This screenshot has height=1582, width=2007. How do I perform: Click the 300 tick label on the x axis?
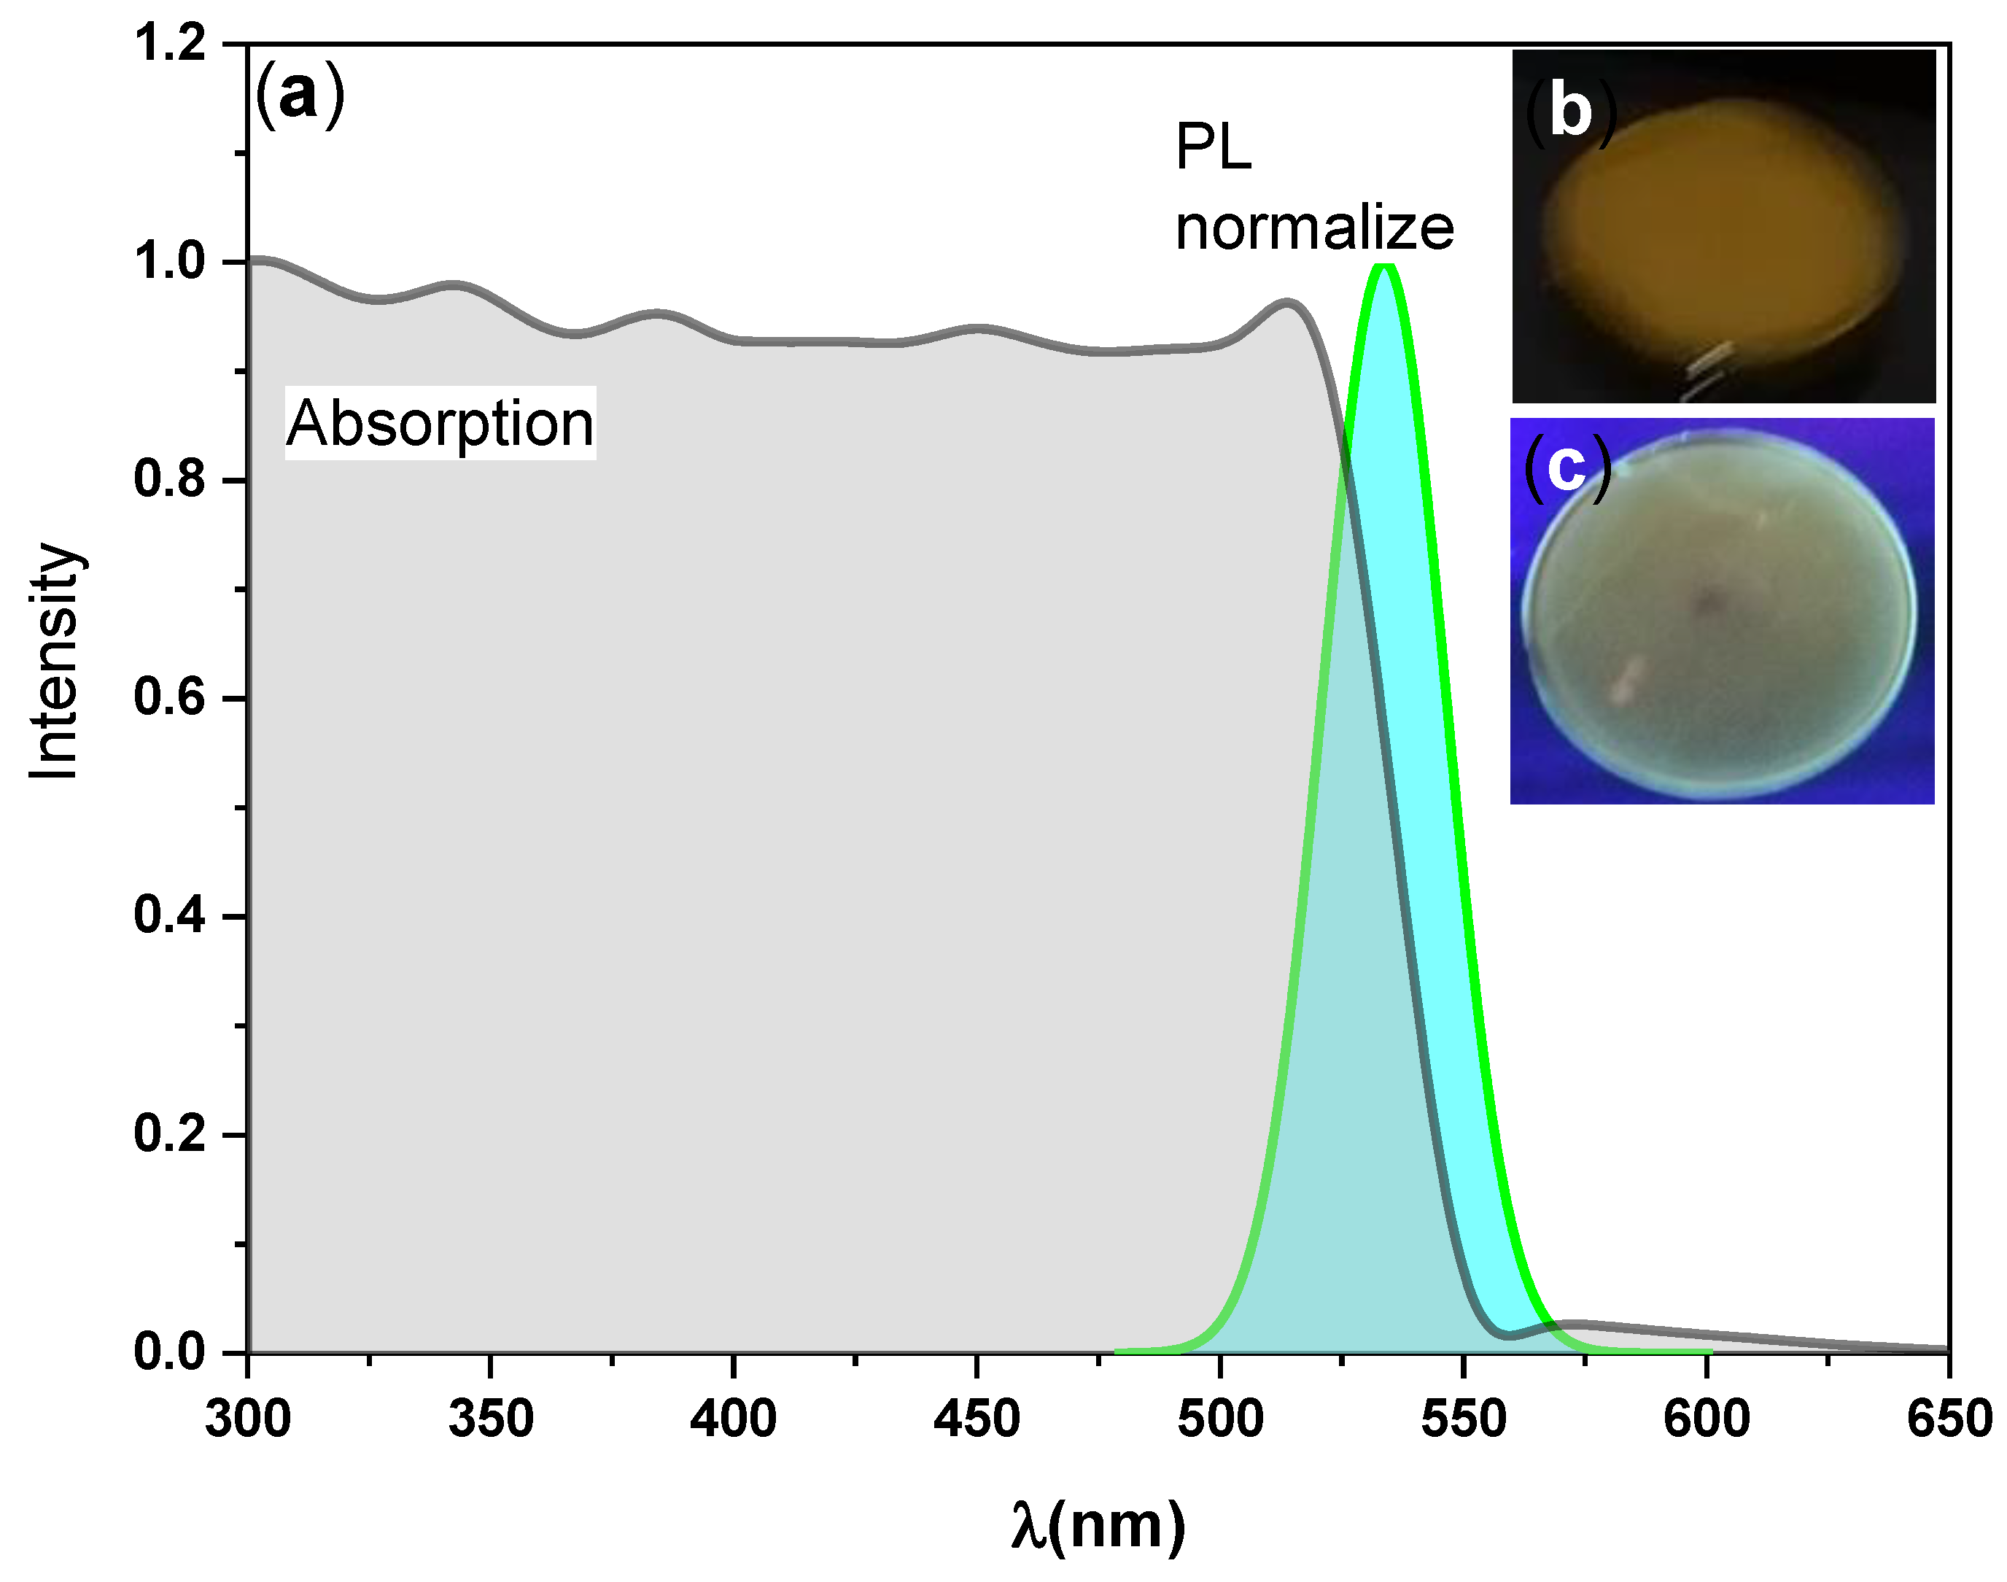point(247,1419)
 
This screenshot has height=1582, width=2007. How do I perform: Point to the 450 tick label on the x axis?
point(977,1419)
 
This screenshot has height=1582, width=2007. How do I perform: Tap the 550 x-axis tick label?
point(1464,1419)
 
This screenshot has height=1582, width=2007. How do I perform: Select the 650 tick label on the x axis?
point(1949,1419)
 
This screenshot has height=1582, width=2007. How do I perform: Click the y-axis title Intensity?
point(54,662)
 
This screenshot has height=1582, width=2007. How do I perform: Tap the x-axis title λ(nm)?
point(1098,1524)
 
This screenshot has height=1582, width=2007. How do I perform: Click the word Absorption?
point(440,423)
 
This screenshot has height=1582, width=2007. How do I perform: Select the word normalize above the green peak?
point(1314,227)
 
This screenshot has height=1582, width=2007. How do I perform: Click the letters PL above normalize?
point(1214,147)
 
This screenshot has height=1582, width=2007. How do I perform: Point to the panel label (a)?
point(299,96)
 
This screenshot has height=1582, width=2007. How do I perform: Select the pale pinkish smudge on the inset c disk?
point(1626,681)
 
